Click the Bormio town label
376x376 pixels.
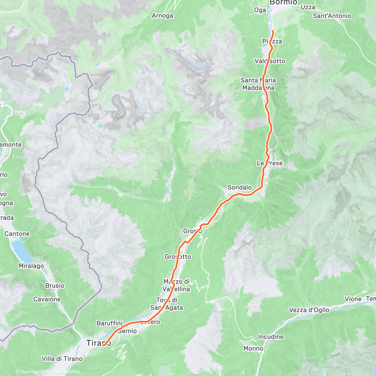[283, 3]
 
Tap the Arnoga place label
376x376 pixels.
[162, 15]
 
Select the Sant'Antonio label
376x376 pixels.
[332, 16]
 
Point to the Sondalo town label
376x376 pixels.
[239, 187]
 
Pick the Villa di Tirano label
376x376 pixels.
[62, 359]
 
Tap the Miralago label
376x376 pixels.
[31, 266]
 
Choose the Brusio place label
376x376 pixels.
[55, 285]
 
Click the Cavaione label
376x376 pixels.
[47, 299]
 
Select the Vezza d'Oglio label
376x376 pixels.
[309, 310]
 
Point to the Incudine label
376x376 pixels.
[271, 337]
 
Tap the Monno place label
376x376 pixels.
[253, 348]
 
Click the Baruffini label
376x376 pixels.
[109, 323]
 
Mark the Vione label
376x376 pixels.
[353, 299]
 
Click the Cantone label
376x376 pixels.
[17, 234]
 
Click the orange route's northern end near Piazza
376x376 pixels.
[273, 31]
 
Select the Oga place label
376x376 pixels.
[260, 10]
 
